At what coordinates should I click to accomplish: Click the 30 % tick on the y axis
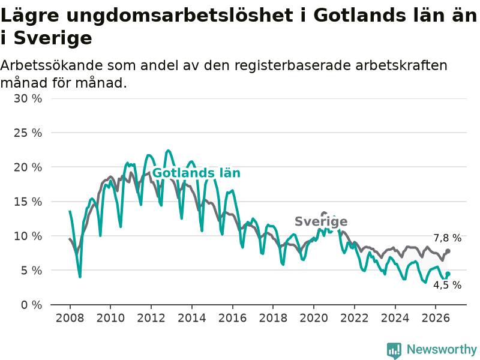coord(28,98)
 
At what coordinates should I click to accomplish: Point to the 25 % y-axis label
coord(28,133)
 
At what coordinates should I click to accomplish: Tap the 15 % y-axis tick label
coord(28,202)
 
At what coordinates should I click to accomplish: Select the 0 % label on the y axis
coord(32,305)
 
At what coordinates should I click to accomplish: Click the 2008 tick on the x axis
coord(70,318)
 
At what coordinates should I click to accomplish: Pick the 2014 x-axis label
coord(191,318)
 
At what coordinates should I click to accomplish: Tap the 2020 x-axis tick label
coord(314,318)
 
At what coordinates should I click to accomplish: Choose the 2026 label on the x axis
coord(436,318)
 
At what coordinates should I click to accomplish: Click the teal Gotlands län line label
coord(196,173)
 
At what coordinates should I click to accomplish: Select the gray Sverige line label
coord(321,221)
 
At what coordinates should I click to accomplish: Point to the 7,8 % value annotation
coord(447,238)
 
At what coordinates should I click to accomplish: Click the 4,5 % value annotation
coord(447,285)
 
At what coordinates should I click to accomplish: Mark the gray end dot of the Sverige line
coord(448,251)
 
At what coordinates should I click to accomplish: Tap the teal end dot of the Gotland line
coord(448,274)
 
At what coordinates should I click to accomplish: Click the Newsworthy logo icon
coord(394,350)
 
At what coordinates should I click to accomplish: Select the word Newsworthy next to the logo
coord(442,349)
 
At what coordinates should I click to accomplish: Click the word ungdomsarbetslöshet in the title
coord(179,16)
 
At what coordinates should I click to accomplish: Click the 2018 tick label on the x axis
coord(273,318)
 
